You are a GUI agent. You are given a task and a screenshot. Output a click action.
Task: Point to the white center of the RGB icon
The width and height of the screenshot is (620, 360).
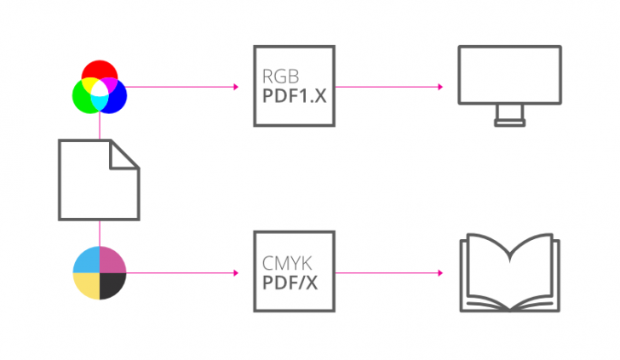click(100, 87)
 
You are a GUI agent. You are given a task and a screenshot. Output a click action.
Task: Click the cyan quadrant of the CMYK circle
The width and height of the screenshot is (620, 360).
click(86, 260)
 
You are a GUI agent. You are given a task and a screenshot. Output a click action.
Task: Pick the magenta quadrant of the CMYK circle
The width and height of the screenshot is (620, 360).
click(113, 260)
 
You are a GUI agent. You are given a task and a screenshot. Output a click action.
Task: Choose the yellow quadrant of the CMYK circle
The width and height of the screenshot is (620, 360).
click(86, 286)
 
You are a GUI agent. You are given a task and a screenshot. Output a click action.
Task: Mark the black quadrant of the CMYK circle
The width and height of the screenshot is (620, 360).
click(113, 286)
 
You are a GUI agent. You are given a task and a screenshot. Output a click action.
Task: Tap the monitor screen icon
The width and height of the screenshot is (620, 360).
click(509, 77)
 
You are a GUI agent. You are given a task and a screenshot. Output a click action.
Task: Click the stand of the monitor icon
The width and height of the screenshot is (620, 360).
click(509, 118)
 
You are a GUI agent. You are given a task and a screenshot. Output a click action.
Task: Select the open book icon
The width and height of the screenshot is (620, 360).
click(509, 272)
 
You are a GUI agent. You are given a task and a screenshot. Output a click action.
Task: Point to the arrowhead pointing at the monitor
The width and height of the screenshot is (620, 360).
click(439, 87)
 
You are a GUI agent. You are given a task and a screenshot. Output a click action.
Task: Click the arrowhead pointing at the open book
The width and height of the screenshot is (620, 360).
click(439, 273)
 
